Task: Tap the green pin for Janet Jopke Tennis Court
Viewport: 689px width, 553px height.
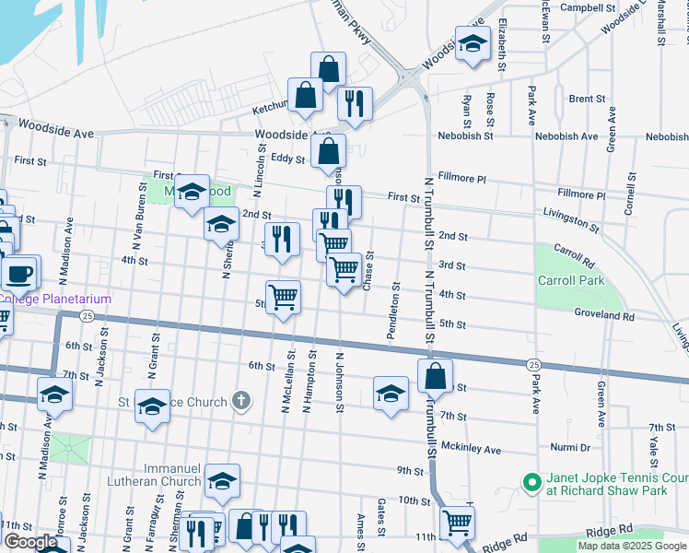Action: pos(531,483)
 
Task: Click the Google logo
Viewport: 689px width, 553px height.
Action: pos(31,542)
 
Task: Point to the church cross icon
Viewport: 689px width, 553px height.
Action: pos(240,401)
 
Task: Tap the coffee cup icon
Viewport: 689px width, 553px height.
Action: pos(19,273)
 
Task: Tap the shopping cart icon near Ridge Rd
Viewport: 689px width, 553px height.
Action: pos(457,523)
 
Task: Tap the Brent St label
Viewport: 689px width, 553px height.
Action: pos(586,99)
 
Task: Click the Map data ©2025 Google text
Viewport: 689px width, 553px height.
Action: pos(631,546)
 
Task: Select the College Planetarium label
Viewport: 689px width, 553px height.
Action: pos(55,299)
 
